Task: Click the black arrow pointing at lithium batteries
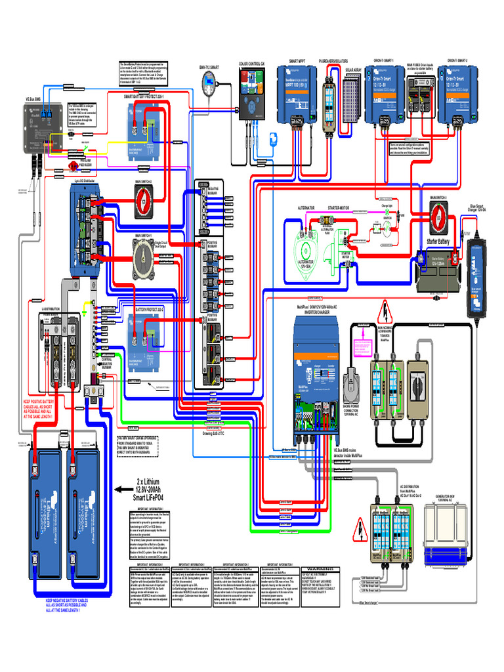[123, 489]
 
